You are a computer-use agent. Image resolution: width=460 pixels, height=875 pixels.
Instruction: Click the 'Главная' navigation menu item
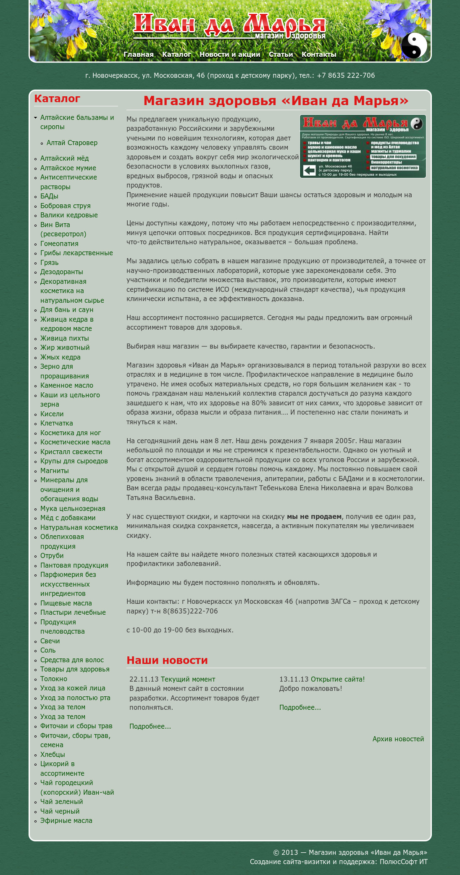139,54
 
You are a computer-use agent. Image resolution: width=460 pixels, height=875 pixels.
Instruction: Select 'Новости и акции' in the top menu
230,54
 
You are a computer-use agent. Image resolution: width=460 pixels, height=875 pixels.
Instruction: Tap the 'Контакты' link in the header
319,54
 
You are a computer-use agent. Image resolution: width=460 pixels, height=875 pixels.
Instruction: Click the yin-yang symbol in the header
414,45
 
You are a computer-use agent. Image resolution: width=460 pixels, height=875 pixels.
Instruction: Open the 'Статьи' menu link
281,54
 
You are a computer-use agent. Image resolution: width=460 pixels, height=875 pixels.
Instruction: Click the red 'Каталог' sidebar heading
57,99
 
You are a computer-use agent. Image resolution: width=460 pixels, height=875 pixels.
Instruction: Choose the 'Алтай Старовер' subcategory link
72,143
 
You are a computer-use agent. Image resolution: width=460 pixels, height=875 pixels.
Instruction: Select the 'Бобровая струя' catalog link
66,206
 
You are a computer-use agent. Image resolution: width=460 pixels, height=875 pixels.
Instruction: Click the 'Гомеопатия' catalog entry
59,244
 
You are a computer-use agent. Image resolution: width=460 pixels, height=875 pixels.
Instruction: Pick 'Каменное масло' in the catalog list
67,386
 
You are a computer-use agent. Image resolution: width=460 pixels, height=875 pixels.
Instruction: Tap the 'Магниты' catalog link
55,471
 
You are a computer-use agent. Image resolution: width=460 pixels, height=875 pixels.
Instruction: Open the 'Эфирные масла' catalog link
66,821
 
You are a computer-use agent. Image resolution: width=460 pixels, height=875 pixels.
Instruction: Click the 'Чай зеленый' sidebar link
62,802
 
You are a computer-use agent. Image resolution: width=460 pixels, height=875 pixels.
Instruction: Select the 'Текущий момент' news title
188,679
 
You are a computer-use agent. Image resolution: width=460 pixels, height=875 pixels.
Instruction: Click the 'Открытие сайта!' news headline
338,679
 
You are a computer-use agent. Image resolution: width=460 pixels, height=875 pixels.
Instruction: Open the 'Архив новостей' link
398,739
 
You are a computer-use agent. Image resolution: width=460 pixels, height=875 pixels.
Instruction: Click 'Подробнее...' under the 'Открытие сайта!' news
300,708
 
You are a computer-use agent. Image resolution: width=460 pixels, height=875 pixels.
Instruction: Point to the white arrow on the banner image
309,170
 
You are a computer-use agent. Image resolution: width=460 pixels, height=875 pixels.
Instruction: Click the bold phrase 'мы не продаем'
314,517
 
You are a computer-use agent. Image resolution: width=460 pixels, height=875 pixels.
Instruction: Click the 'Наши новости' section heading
167,661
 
